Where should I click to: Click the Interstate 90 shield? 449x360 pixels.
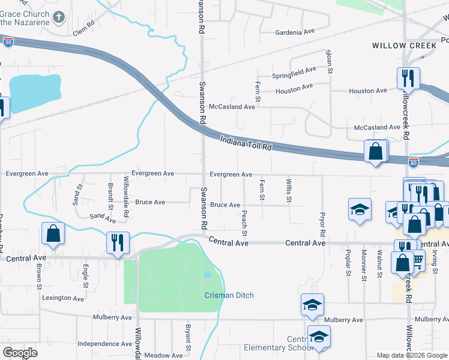7,42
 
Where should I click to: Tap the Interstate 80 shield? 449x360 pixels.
414,162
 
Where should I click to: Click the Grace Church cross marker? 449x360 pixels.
59,17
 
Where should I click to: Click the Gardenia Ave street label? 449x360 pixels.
295,32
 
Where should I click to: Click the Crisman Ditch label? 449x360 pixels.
229,295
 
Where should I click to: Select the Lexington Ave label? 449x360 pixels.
62,298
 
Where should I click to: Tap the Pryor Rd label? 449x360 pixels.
322,224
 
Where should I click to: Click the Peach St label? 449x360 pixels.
244,222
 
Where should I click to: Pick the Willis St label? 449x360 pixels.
289,190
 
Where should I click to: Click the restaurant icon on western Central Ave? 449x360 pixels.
117,242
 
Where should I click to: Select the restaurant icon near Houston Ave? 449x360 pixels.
408,77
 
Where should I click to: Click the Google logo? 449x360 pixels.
20,353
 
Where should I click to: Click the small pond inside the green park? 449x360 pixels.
207,275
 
